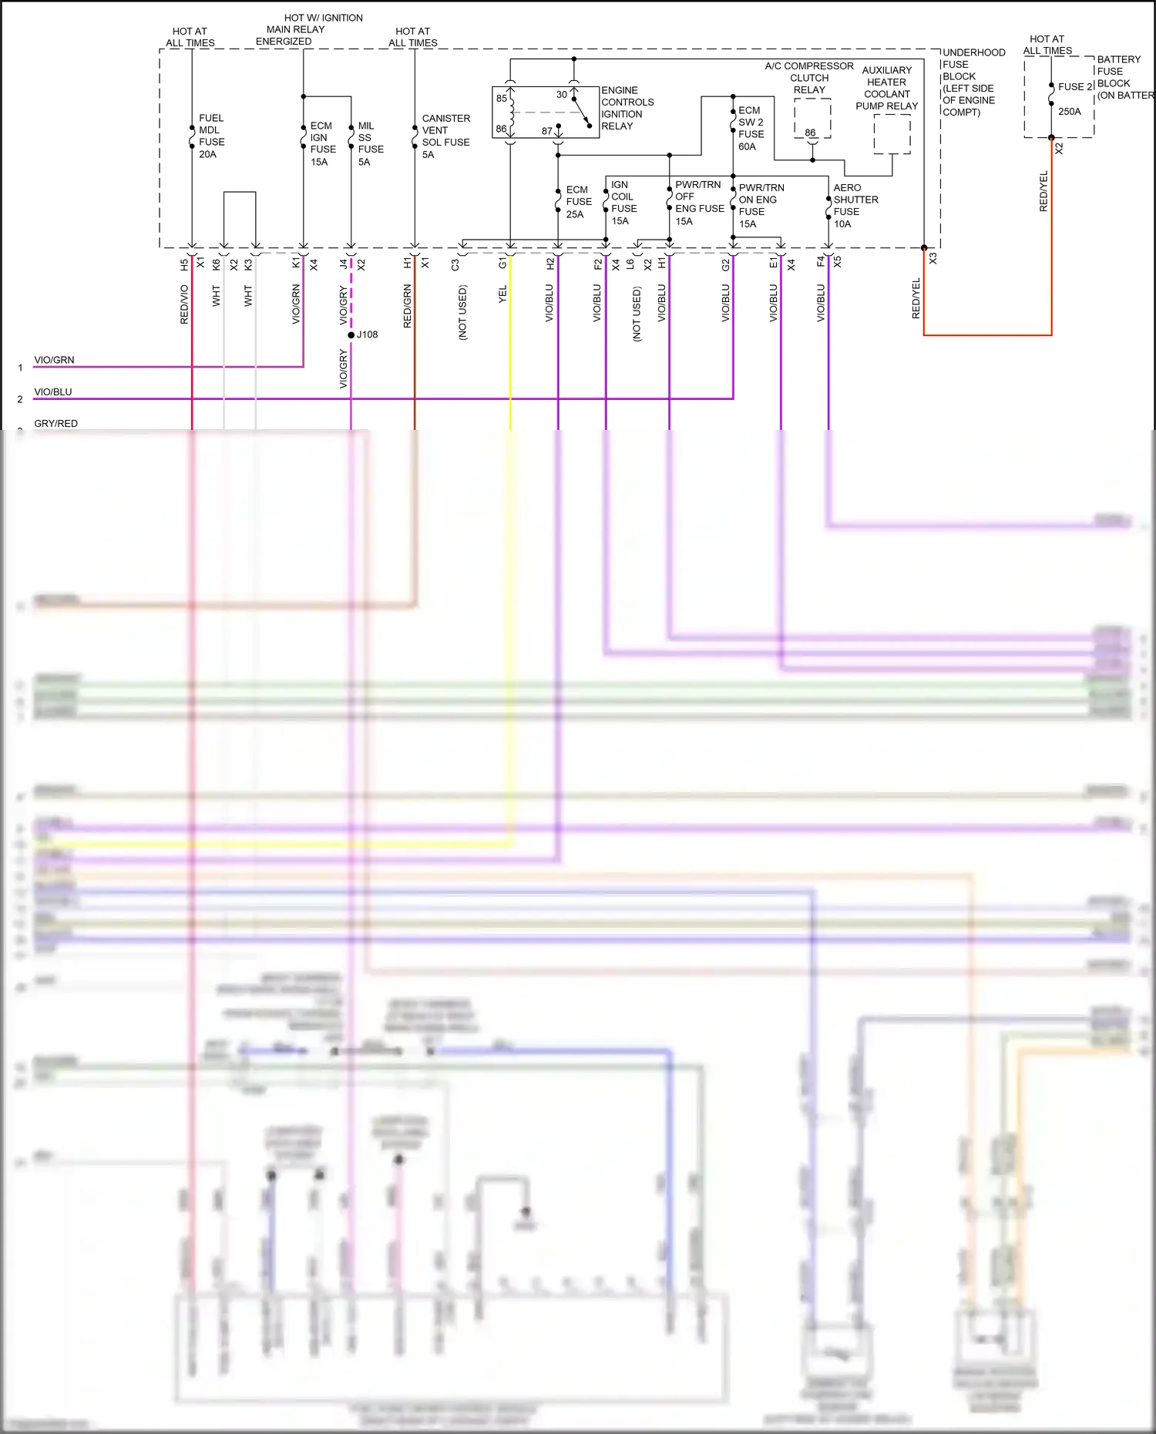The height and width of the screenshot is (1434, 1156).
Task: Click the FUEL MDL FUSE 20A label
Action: coord(211,136)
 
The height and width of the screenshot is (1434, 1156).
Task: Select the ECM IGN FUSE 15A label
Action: coord(322,144)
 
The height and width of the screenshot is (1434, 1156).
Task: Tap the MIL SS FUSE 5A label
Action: coord(370,144)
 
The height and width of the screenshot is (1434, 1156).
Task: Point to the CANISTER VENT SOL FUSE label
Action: coord(445,136)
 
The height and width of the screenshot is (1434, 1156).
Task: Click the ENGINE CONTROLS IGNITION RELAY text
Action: coord(627,108)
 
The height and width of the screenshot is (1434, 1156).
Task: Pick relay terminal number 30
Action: coord(562,95)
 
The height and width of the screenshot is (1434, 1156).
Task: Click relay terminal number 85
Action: coord(502,99)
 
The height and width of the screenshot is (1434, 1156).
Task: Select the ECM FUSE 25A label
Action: coord(578,202)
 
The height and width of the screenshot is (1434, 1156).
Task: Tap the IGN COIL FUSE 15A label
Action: coord(623,203)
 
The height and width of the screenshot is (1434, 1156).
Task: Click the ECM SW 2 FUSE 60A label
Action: coord(751,129)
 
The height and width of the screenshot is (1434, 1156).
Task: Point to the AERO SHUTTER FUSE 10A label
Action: coord(855,206)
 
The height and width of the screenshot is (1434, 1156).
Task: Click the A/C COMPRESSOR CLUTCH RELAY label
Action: coord(809,78)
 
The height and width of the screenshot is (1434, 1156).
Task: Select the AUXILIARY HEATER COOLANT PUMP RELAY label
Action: coord(886,88)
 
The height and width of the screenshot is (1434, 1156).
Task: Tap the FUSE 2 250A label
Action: coord(1074,99)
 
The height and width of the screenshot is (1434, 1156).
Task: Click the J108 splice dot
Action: coord(351,335)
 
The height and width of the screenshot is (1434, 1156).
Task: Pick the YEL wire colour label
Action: coord(502,294)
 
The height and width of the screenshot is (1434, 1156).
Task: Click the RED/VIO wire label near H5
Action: coord(184,304)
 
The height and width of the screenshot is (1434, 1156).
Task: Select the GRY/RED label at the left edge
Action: coord(55,424)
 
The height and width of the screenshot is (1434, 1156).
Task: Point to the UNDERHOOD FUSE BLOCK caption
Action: coord(973,82)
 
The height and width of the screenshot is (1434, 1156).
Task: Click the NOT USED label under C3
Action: coord(462,313)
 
